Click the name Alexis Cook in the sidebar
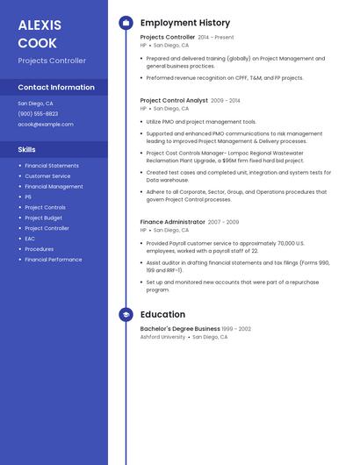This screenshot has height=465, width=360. (38, 33)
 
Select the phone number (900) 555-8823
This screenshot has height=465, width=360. (38, 113)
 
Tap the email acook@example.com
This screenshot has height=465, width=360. (46, 125)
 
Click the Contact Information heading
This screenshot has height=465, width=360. (56, 87)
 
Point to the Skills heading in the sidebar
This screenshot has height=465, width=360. (26, 149)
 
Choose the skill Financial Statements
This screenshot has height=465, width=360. (52, 166)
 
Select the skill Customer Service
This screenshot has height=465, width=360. (47, 176)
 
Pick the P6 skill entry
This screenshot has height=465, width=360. (28, 197)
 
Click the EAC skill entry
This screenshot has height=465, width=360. (30, 239)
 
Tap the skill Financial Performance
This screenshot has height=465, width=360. (54, 260)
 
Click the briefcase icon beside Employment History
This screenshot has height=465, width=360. (126, 23)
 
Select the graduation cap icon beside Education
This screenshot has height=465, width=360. (126, 314)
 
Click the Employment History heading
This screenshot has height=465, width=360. (185, 23)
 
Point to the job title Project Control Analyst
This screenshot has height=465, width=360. (174, 101)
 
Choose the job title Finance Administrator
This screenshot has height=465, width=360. (172, 222)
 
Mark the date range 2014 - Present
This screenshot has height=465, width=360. (216, 38)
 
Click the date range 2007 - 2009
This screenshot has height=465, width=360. (223, 222)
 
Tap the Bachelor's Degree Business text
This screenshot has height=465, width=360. (180, 329)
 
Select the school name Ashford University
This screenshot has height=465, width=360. (162, 337)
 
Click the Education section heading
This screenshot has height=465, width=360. (162, 314)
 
